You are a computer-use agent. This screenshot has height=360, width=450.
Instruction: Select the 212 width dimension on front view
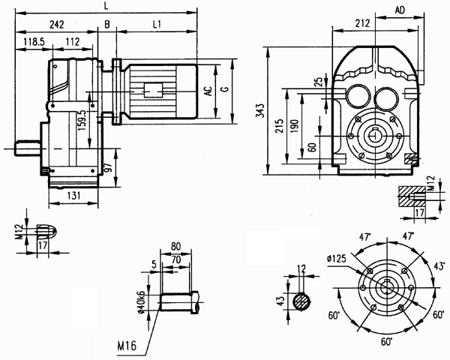coord(364,23)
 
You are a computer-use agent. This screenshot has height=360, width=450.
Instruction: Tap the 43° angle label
coord(439,266)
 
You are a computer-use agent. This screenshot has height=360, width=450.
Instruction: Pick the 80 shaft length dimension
coord(176,244)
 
